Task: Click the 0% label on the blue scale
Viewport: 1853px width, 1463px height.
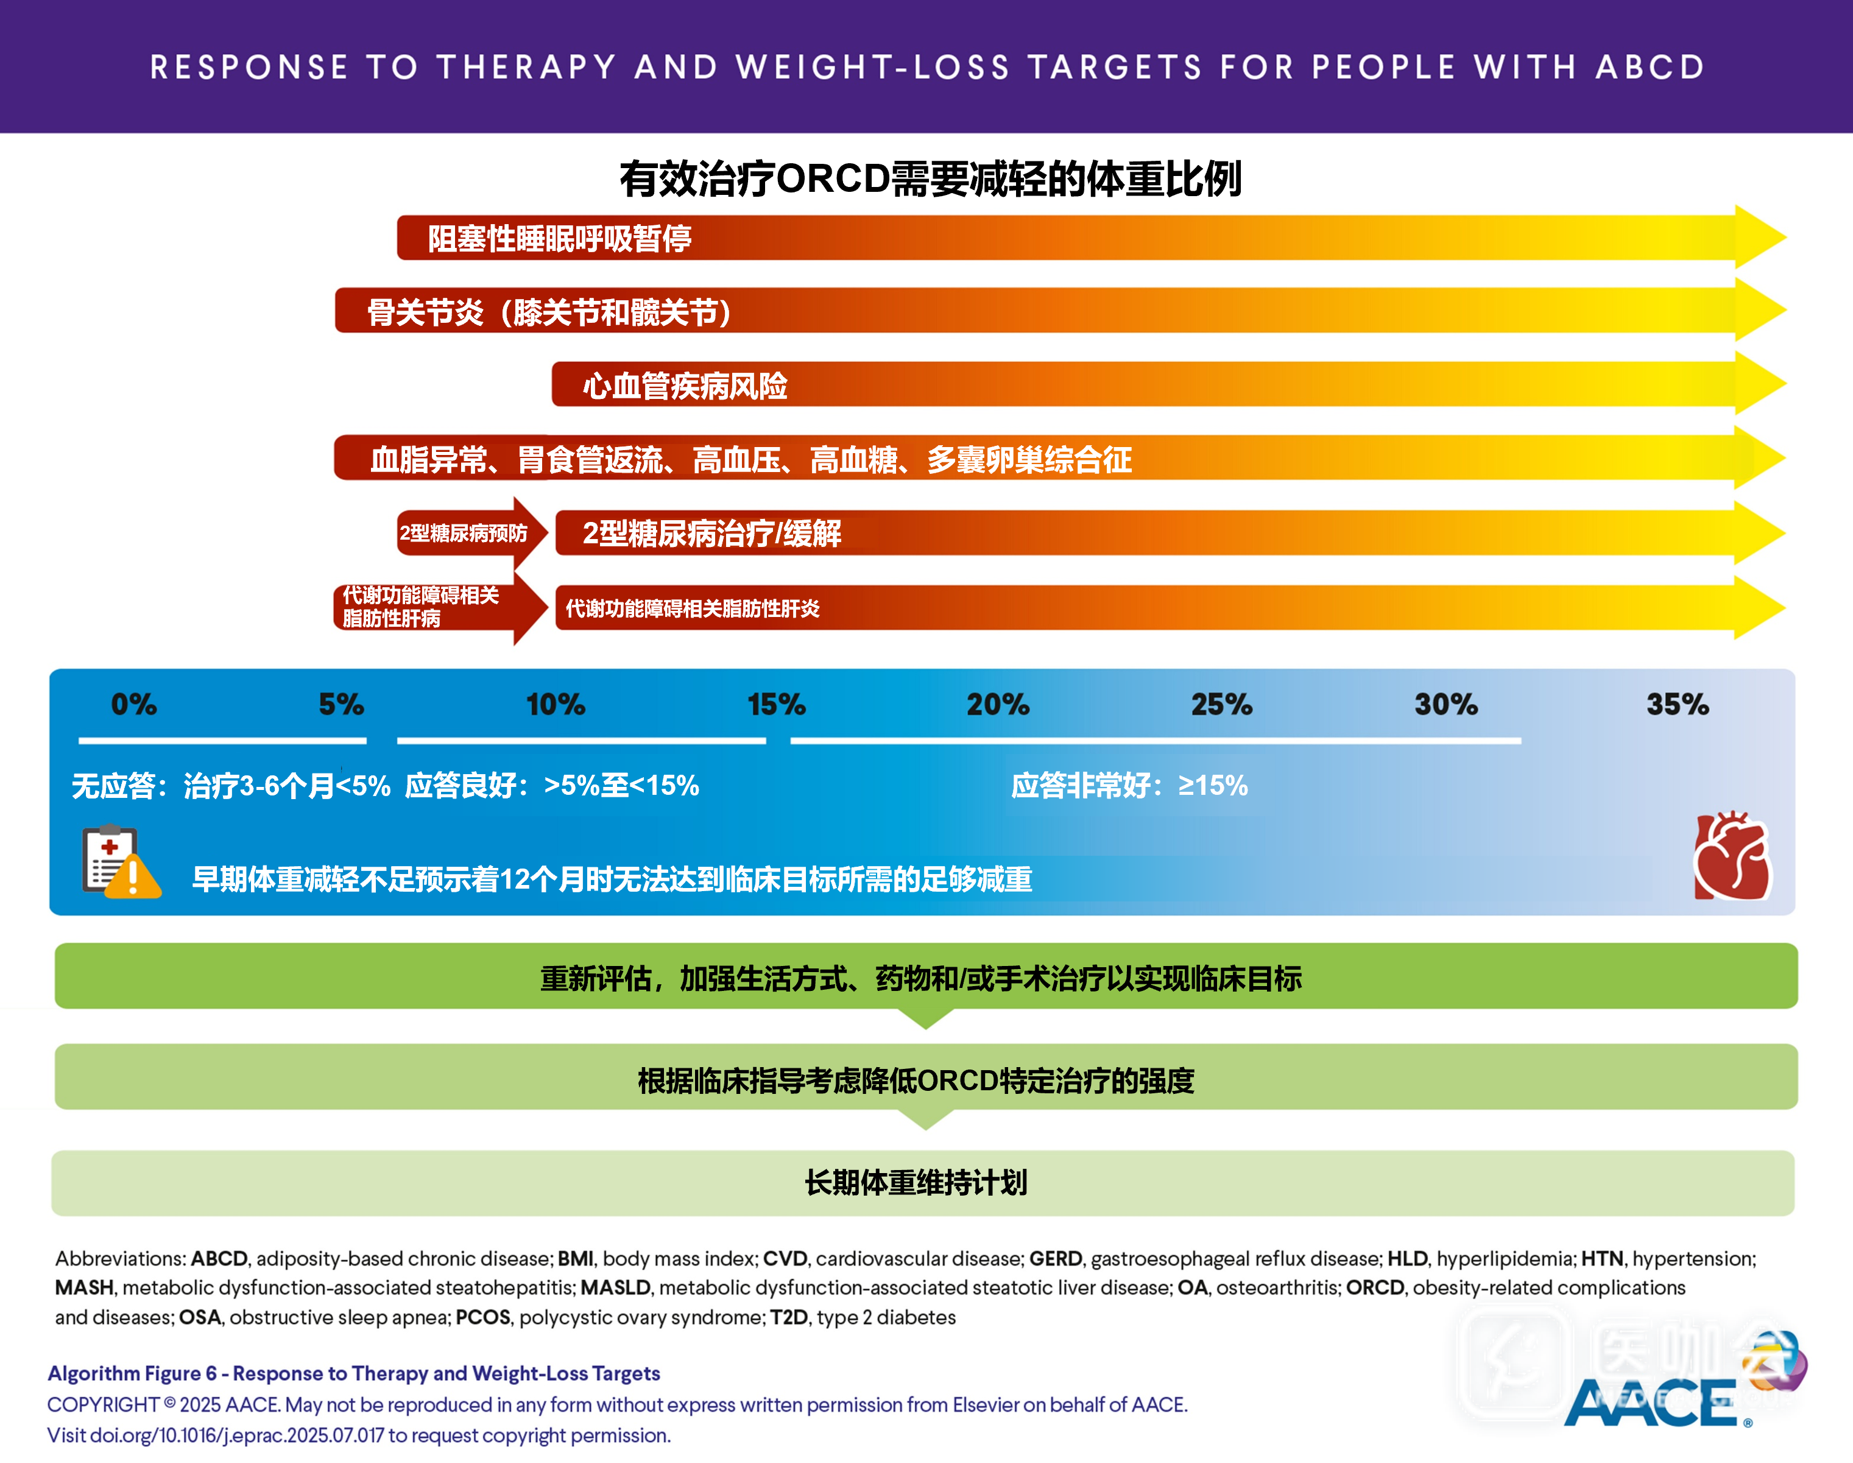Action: point(133,704)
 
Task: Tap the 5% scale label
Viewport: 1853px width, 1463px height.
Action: point(341,704)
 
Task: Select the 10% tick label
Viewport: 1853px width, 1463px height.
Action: point(555,704)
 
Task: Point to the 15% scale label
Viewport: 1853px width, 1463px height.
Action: point(776,704)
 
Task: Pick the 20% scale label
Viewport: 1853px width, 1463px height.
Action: point(998,704)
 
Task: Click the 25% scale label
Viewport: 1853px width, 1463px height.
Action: point(1221,704)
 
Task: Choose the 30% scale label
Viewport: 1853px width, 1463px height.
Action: point(1446,704)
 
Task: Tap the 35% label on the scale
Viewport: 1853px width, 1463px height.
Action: point(1678,704)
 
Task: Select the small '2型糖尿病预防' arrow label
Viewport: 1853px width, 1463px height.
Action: point(464,533)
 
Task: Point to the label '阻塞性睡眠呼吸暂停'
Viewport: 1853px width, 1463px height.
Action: point(559,238)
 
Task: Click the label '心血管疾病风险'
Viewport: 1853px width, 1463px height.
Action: point(685,386)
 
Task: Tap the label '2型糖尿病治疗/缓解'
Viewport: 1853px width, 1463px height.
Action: point(712,533)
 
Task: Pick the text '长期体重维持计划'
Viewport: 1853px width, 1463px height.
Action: point(916,1182)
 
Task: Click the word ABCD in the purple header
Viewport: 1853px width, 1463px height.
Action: point(1650,67)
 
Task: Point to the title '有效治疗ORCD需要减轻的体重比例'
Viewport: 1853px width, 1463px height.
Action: point(930,178)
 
